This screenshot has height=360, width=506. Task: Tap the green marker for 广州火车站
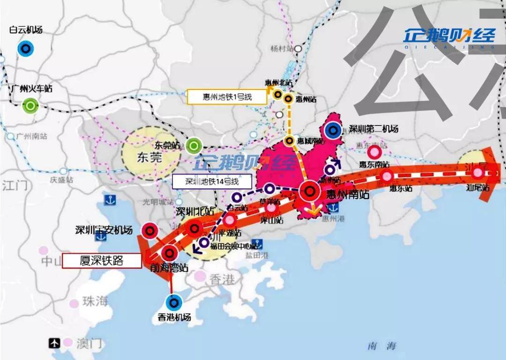click(x=30, y=106)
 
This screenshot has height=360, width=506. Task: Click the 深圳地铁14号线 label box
click(x=212, y=182)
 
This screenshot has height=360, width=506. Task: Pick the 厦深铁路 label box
click(x=102, y=261)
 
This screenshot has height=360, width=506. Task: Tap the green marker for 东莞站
click(x=193, y=146)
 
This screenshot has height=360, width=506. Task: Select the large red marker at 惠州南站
click(x=309, y=191)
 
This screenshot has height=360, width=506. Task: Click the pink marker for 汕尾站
click(x=477, y=173)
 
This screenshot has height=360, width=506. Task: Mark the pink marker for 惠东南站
click(x=374, y=152)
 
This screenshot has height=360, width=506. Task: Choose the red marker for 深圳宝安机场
click(x=149, y=230)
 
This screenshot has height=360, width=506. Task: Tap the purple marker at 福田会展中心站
click(x=204, y=242)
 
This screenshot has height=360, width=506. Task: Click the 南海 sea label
click(x=381, y=346)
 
